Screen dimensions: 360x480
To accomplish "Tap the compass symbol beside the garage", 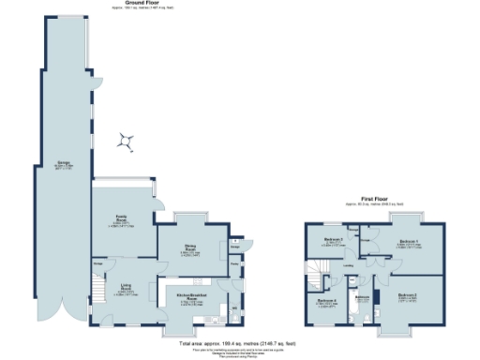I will (x=126, y=142).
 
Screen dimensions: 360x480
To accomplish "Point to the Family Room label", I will (x=121, y=220).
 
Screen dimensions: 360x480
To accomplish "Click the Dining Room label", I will (x=190, y=250).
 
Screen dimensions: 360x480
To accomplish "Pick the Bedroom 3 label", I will (x=332, y=240).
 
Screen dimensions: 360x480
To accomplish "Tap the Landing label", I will (x=349, y=266).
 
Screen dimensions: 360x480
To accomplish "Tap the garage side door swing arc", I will (x=95, y=86).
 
